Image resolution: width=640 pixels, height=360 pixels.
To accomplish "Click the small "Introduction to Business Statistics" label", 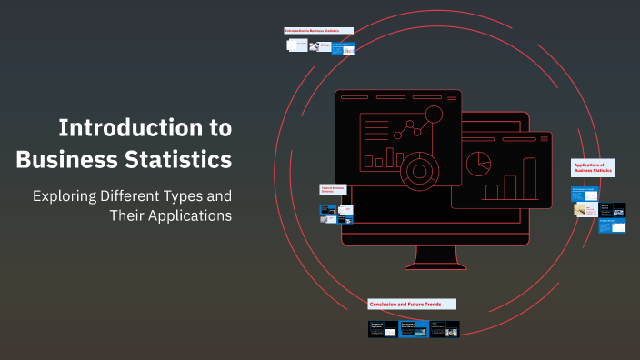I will (314, 31).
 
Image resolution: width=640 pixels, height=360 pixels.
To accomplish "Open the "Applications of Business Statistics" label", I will (595, 167).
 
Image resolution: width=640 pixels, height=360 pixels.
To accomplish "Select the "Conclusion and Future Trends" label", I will (412, 304).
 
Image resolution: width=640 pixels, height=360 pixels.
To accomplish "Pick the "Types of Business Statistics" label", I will (334, 190).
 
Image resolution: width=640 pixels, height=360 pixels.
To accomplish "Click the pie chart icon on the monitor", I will (478, 164).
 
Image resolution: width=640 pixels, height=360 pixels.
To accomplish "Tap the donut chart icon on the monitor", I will (420, 169).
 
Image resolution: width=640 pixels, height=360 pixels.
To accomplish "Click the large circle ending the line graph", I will (434, 115).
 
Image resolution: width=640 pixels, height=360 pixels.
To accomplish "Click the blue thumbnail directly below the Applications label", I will (585, 193).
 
